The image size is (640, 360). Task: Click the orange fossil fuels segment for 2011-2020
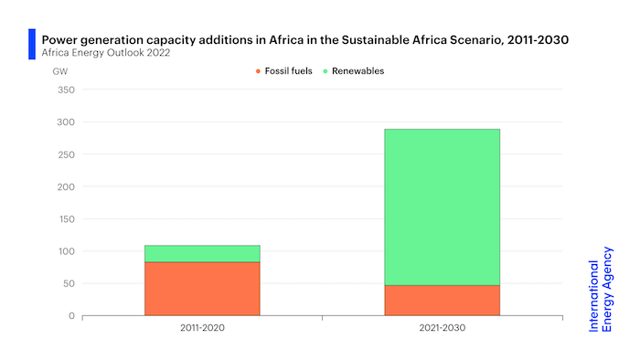[202, 289]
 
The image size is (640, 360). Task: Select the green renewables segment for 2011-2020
[202, 253]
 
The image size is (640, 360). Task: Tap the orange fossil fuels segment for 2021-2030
[442, 301]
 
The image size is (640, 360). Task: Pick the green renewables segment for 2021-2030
[442, 206]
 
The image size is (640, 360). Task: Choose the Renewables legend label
[359, 70]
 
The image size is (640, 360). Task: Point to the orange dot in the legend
[260, 70]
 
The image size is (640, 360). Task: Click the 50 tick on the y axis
[67, 283]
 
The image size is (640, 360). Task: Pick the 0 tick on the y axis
[70, 316]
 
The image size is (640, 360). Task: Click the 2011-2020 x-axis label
[202, 328]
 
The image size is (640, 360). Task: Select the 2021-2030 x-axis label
[442, 328]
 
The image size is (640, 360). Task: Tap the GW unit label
[60, 70]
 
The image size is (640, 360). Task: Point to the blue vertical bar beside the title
[32, 44]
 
